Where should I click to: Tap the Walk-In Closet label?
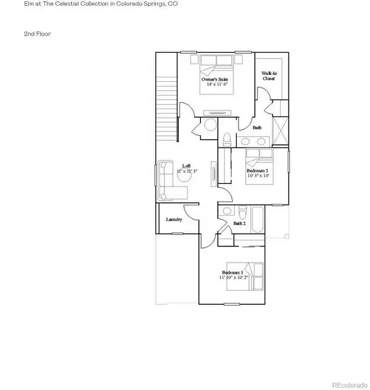pos(269,76)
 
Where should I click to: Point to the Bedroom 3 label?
pos(231,272)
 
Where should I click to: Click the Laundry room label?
pos(173,220)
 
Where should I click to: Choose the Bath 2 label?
pos(239,224)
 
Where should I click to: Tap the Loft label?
pos(186,165)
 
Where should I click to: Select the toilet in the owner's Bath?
pos(226,140)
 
